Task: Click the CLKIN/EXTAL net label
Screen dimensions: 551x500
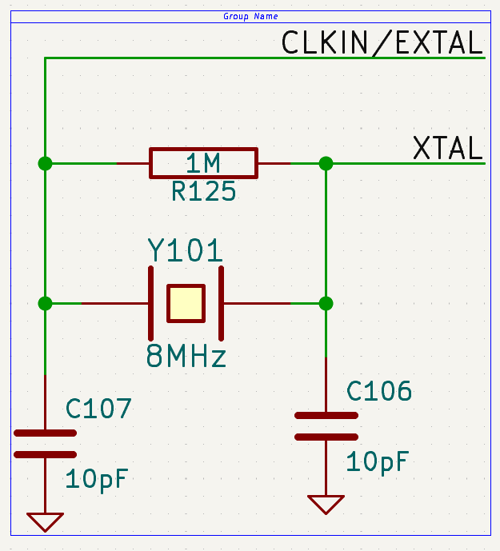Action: coord(382,42)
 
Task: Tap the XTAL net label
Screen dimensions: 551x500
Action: coord(447,148)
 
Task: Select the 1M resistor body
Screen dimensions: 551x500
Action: coord(203,163)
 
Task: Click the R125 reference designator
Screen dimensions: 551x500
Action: coord(203,192)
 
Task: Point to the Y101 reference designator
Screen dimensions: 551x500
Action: coord(185,250)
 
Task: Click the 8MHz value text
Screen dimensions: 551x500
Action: coord(186,356)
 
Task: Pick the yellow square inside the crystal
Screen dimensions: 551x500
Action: coord(186,304)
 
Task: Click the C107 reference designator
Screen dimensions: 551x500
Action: coord(98,409)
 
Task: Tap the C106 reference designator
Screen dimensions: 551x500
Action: coord(379,391)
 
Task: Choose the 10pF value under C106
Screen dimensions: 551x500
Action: coord(378,461)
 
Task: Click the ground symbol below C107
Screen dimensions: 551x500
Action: coord(45,521)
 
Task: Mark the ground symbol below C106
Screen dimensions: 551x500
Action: coord(326,505)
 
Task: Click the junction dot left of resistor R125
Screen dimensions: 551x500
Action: coord(45,163)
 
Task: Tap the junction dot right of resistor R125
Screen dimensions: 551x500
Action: coord(326,163)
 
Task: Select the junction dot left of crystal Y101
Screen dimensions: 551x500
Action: coord(45,304)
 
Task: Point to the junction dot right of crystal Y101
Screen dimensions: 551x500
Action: coord(326,304)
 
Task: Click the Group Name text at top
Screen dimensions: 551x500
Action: coord(250,17)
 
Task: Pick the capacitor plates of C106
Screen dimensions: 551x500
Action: coord(326,426)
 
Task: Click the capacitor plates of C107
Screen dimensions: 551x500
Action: coord(45,443)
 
